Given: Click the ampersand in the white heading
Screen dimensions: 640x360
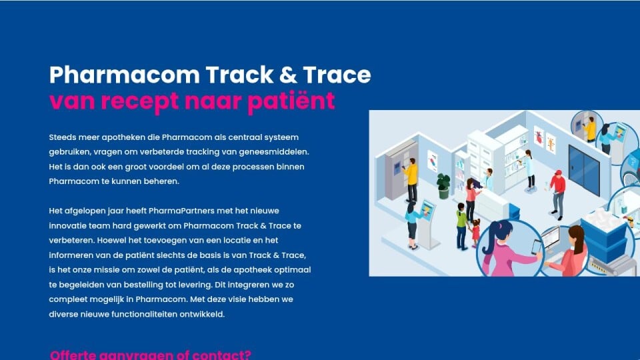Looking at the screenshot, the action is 288,75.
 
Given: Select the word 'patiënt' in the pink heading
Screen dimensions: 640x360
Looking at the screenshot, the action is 291,101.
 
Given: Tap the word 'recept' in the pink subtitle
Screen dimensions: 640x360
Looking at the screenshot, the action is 139,102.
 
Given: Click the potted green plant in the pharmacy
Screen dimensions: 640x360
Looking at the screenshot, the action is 443,186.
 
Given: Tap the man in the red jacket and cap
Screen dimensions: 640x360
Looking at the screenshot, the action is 557,194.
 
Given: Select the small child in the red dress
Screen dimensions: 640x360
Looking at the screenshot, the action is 475,233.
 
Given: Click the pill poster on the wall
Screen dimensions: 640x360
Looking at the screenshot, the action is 432,161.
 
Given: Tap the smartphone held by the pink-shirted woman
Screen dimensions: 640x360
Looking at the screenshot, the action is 536,247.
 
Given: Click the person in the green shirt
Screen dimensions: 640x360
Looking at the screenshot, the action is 461,226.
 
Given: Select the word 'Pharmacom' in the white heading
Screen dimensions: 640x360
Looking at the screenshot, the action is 125,75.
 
